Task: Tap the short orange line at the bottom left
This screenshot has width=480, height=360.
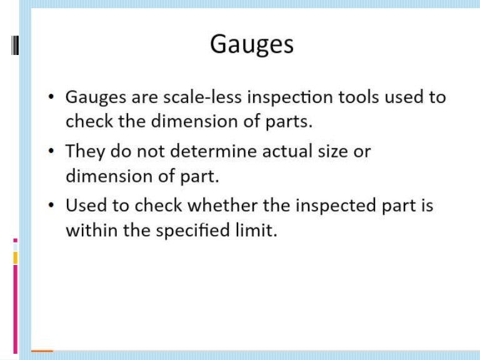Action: [x=42, y=351]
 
